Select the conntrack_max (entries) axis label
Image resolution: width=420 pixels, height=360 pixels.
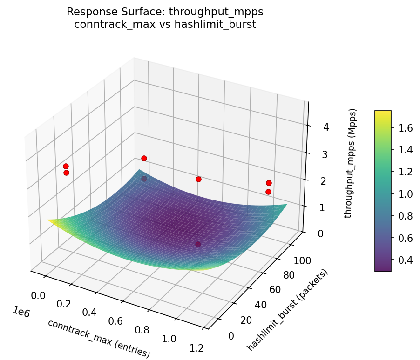99,339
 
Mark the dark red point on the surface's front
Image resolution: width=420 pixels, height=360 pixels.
198,244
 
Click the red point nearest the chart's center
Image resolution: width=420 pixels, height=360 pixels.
198,179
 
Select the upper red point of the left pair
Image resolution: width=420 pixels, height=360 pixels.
66,166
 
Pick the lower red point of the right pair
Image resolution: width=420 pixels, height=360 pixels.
268,192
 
